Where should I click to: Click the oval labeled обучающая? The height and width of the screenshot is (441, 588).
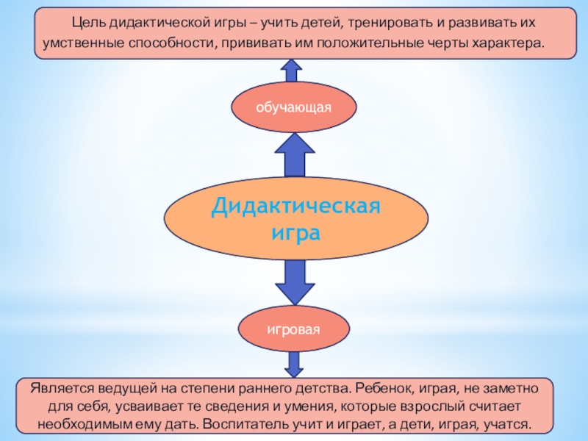coord(294,107)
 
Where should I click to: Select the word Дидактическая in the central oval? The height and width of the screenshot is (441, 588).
coord(295,206)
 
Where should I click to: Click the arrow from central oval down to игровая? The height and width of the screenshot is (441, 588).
coord(294,282)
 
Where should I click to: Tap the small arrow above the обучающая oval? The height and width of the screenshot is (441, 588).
coord(292,71)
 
